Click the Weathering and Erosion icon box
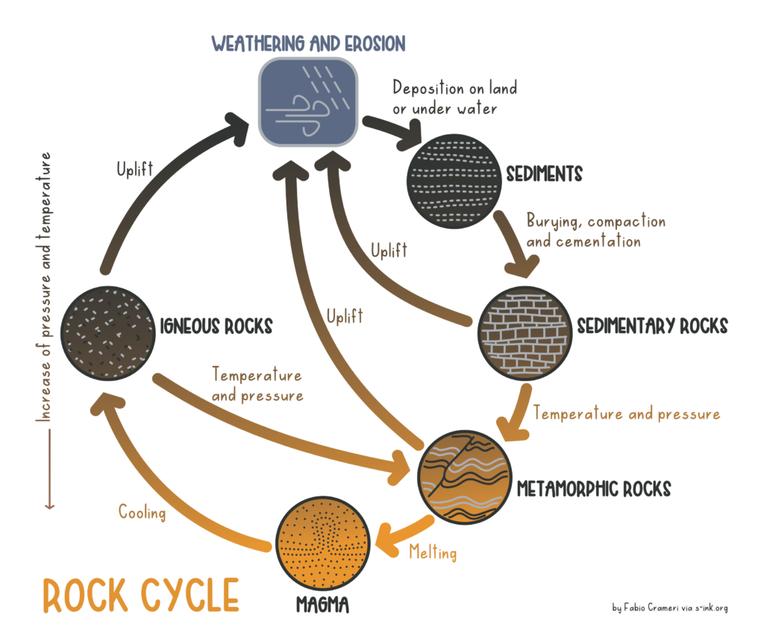pyautogui.click(x=308, y=101)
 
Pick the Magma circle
pyautogui.click(x=323, y=551)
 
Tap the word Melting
pyautogui.click(x=431, y=552)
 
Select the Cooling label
pyautogui.click(x=142, y=512)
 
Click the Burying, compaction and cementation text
pyautogui.click(x=595, y=231)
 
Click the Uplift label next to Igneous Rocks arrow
pyautogui.click(x=134, y=169)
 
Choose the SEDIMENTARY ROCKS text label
pyautogui.click(x=652, y=326)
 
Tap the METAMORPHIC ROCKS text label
pyautogui.click(x=594, y=489)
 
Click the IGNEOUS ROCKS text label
pyautogui.click(x=216, y=326)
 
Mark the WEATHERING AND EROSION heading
pyautogui.click(x=308, y=43)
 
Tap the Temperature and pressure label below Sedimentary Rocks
pyautogui.click(x=627, y=414)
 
